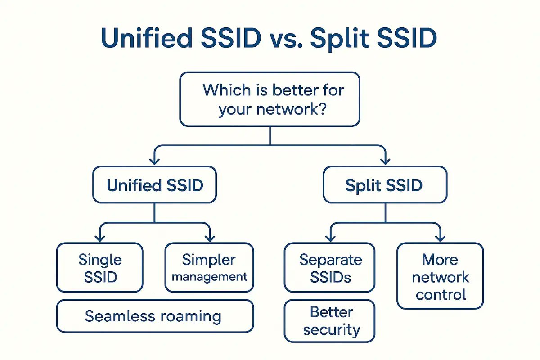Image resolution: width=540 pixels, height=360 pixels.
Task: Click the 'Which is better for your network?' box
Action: tap(270, 99)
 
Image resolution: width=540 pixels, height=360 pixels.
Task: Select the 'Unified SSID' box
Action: tap(154, 185)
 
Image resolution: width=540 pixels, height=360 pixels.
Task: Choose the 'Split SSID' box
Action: tap(385, 185)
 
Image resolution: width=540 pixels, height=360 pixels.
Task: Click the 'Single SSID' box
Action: tap(99, 268)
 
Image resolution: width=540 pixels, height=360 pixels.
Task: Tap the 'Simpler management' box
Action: tap(209, 268)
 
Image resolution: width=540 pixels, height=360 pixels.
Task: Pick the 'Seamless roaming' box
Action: tap(154, 316)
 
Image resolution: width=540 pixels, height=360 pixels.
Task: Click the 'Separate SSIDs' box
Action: tap(329, 268)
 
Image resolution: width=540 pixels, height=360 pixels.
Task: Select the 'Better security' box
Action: tap(329, 321)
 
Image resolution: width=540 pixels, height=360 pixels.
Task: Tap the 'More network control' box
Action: tap(440, 276)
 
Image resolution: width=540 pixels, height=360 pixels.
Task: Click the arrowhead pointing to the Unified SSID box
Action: tap(154, 161)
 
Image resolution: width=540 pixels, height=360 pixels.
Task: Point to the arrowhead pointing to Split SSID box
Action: tap(385, 161)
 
